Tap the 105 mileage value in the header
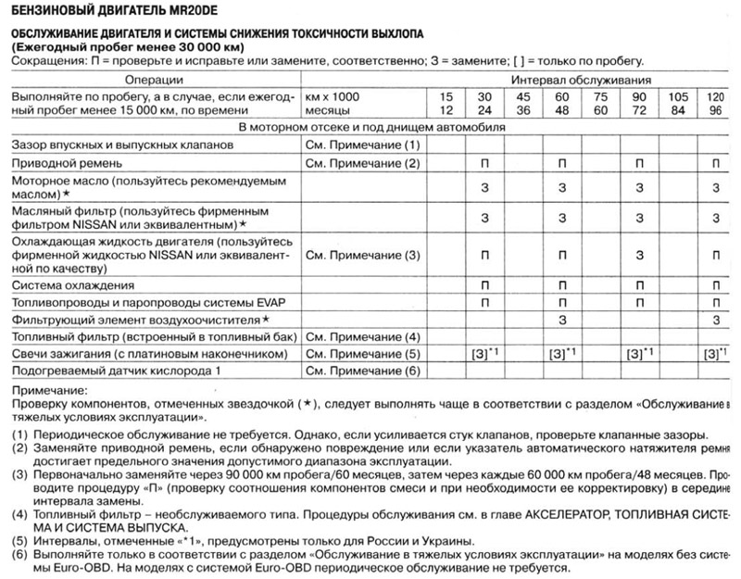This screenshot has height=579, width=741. coord(678,95)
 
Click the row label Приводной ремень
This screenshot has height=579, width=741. coord(61,163)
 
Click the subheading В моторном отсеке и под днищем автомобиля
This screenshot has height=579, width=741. coord(370,127)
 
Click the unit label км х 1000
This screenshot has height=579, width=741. coord(332,95)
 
